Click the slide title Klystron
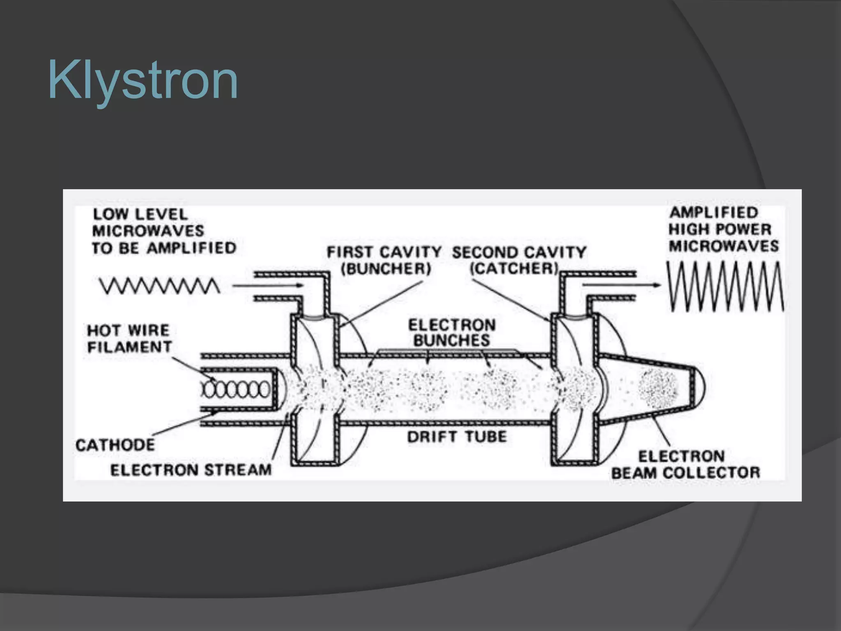pyautogui.click(x=143, y=81)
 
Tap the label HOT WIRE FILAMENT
pyautogui.click(x=129, y=339)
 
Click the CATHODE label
pyautogui.click(x=115, y=445)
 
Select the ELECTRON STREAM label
pyautogui.click(x=191, y=470)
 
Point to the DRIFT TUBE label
pyautogui.click(x=457, y=437)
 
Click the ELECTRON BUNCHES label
pyautogui.click(x=452, y=333)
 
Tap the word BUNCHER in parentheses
pyautogui.click(x=386, y=269)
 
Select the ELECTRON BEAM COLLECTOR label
pyautogui.click(x=685, y=465)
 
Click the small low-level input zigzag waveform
pyautogui.click(x=159, y=286)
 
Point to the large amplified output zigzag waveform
pyautogui.click(x=724, y=286)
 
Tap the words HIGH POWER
pyautogui.click(x=719, y=229)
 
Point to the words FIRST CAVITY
pyautogui.click(x=384, y=252)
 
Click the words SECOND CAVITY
pyautogui.click(x=519, y=252)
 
